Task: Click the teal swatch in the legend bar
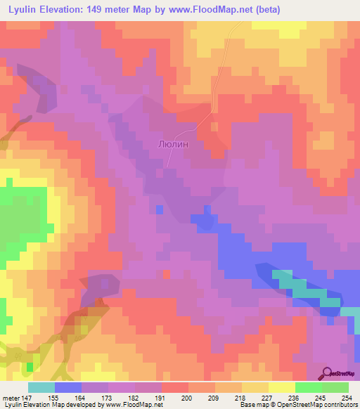[41, 387]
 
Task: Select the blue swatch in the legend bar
[68, 387]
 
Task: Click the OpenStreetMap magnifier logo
[327, 373]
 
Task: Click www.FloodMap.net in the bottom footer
[131, 405]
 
